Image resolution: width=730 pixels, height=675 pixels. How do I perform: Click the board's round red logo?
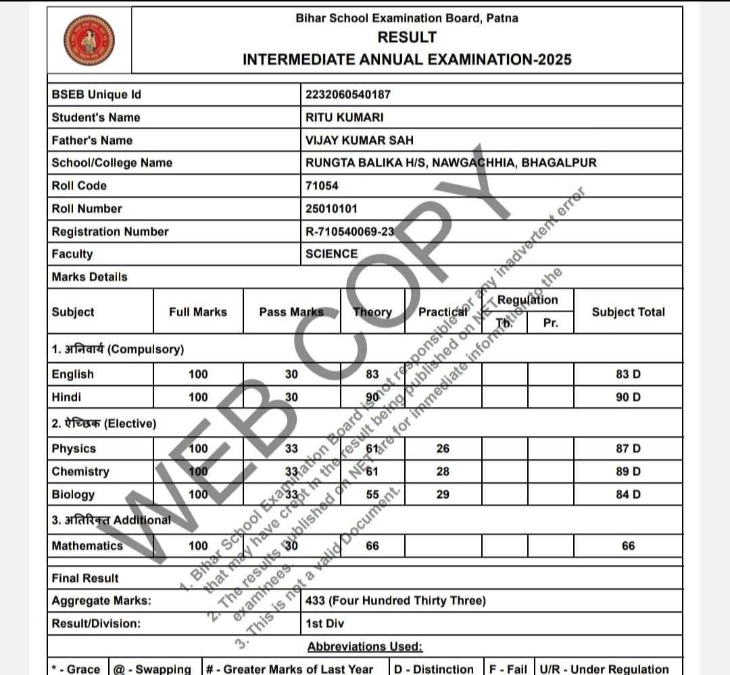click(x=89, y=40)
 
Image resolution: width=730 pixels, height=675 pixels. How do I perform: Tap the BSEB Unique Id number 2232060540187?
click(x=347, y=95)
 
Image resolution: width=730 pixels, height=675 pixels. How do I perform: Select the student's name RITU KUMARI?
click(x=344, y=118)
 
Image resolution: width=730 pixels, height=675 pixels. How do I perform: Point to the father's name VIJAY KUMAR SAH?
click(x=359, y=141)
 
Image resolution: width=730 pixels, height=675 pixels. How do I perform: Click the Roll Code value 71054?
click(x=322, y=186)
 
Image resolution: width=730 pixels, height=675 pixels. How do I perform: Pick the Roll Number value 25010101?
click(x=331, y=209)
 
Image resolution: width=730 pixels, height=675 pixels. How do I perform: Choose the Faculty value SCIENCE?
click(x=331, y=254)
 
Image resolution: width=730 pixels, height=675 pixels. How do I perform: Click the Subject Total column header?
click(x=628, y=312)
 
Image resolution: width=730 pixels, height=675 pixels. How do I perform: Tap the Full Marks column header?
click(x=198, y=312)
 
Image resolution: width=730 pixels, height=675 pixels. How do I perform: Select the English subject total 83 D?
click(x=628, y=374)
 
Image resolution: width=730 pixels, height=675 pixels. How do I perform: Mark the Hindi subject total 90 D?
click(x=628, y=397)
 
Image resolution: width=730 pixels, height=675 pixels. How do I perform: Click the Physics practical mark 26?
click(x=443, y=449)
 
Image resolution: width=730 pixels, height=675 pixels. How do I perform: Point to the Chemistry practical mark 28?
click(x=443, y=472)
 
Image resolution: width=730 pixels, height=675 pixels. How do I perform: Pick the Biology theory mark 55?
click(x=372, y=495)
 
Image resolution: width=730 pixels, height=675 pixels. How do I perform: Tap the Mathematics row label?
click(x=87, y=546)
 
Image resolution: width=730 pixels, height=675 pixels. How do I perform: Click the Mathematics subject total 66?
click(x=628, y=546)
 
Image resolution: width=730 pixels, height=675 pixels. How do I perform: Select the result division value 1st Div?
click(x=324, y=623)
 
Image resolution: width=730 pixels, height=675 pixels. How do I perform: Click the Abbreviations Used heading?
click(x=365, y=647)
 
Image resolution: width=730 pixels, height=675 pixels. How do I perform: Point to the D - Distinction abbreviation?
click(x=434, y=669)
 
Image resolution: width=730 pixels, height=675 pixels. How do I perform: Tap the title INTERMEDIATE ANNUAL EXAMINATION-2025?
click(x=407, y=59)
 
